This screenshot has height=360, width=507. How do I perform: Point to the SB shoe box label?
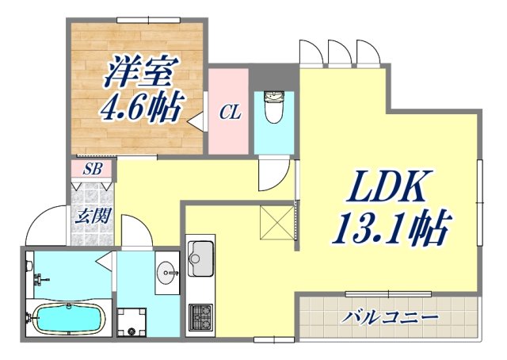[x=93, y=169]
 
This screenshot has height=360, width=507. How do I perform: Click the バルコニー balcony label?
[x=390, y=318]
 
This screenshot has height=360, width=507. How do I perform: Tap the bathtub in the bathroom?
[x=68, y=320]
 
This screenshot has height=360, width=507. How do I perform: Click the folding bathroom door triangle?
[x=105, y=259]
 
